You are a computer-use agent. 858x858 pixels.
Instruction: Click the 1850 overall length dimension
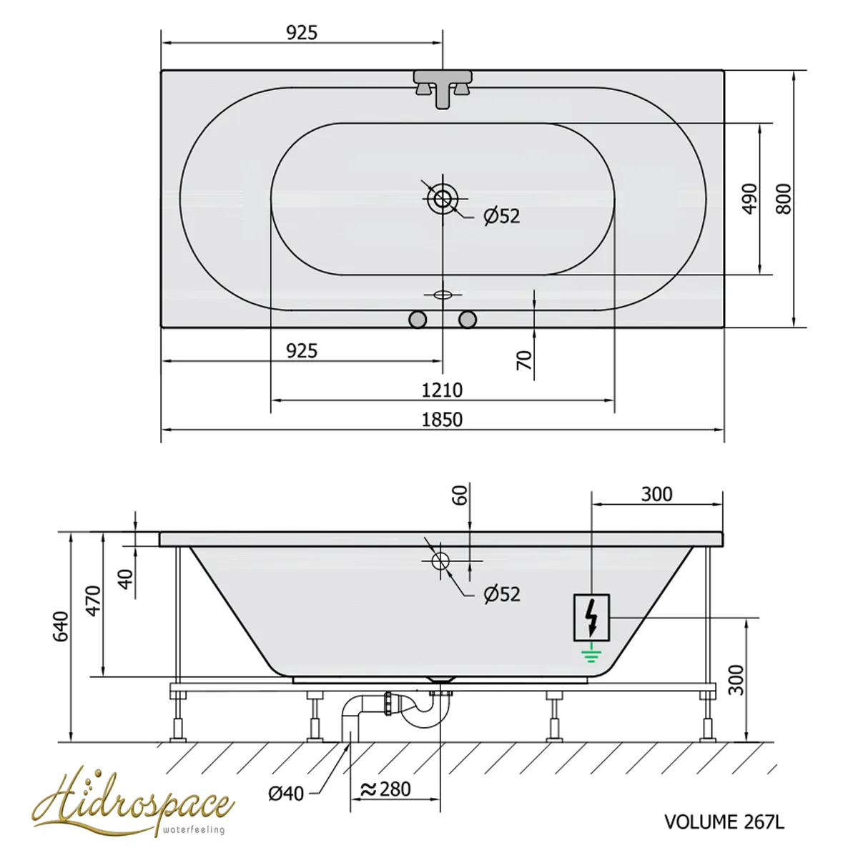[x=442, y=420]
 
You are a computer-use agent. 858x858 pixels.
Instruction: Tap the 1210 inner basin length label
[x=442, y=390]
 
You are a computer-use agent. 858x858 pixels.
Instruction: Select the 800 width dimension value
[x=784, y=199]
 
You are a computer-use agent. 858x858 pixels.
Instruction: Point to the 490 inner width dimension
[x=750, y=199]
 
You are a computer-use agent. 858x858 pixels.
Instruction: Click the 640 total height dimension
[x=61, y=626]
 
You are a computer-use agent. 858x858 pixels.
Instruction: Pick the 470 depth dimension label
[x=93, y=601]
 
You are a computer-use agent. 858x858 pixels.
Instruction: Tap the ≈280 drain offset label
[x=385, y=789]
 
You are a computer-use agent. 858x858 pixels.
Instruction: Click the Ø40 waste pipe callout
[x=286, y=794]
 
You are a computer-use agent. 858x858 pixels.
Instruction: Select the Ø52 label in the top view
[x=502, y=217]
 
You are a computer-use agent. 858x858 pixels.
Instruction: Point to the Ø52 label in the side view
[x=502, y=594]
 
